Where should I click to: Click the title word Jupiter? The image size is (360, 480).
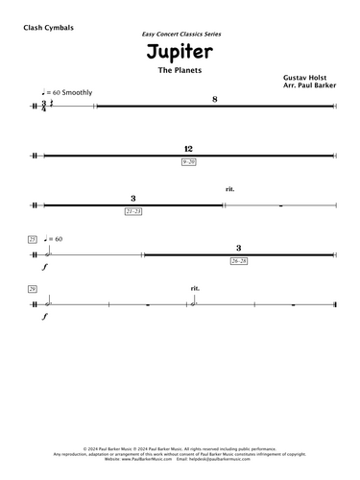[x=180, y=55]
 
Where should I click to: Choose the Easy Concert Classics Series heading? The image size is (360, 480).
[x=180, y=34]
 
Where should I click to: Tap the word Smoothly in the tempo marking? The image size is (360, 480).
[x=80, y=91]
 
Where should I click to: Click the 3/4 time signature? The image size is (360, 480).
[x=43, y=104]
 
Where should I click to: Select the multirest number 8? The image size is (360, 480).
[x=215, y=99]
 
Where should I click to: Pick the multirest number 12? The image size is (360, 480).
[x=188, y=150]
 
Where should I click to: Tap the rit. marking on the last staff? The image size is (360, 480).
[x=196, y=288]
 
